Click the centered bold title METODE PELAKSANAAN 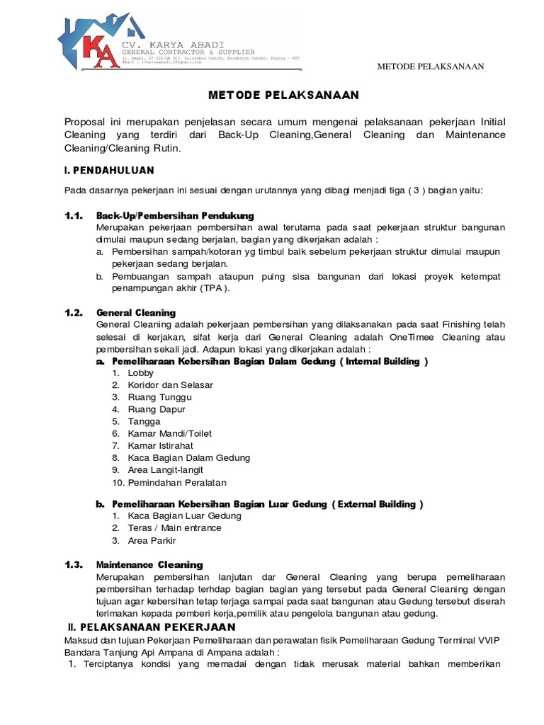tap(283, 95)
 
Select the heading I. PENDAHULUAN tap(108, 171)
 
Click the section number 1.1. tap(74, 215)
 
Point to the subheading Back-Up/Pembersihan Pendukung tap(175, 215)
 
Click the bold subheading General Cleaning tap(136, 312)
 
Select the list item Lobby tap(140, 373)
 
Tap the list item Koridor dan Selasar tap(170, 385)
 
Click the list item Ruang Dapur tap(157, 409)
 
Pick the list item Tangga tap(144, 421)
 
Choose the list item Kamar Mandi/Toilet tap(169, 433)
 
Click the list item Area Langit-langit tap(166, 469)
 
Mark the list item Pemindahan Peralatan tap(177, 482)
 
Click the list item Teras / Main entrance tap(174, 527)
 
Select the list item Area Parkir tap(149, 540)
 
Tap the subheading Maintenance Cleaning tap(149, 564)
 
